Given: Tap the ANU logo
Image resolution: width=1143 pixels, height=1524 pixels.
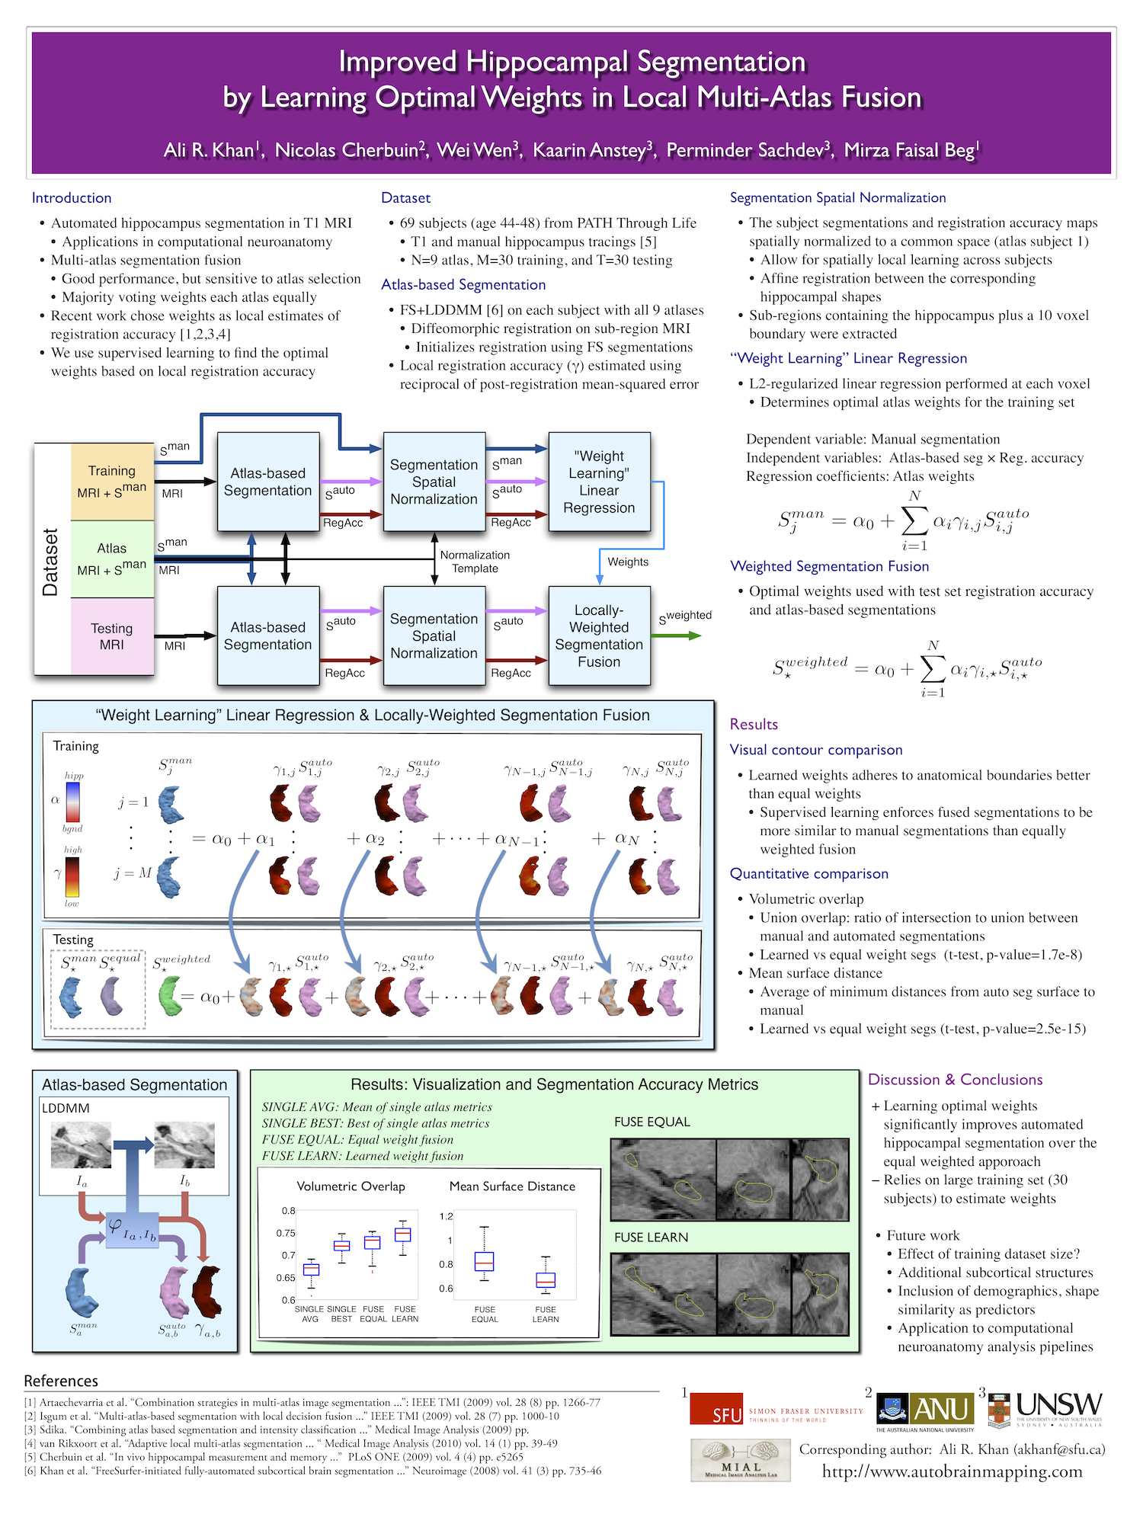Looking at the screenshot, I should [925, 1409].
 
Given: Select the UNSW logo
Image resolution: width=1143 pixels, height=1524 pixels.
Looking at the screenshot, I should [1045, 1409].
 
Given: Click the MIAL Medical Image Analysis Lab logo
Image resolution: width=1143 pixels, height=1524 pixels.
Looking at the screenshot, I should [740, 1460].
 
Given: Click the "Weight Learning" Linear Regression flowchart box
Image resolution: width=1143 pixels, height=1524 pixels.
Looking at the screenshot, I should [599, 482].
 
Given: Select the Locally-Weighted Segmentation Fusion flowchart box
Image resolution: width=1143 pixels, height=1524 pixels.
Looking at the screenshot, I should [599, 636].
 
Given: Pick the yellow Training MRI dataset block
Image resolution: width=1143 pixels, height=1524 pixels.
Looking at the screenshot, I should [112, 482].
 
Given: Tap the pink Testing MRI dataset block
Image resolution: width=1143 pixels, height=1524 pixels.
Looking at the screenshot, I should [112, 636].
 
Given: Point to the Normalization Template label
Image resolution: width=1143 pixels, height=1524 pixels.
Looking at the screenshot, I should [475, 562].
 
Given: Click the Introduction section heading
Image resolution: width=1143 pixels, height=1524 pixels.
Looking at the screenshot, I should [72, 198].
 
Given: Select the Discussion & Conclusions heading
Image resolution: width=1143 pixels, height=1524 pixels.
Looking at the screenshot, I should [956, 1080].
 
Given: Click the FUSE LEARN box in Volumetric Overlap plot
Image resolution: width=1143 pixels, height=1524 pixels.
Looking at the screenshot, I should [403, 1234].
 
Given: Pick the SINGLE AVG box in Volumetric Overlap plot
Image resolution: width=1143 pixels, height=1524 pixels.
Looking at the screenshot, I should [311, 1269].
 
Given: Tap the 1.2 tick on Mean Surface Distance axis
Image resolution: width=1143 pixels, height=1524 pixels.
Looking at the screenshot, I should [447, 1216].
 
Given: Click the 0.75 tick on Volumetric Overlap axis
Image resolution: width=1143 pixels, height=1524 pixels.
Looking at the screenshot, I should [286, 1233].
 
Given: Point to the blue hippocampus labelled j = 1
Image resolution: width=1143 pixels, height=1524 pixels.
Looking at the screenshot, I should [169, 805].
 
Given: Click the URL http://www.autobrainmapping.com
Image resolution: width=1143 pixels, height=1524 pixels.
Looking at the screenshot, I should [952, 1471].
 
